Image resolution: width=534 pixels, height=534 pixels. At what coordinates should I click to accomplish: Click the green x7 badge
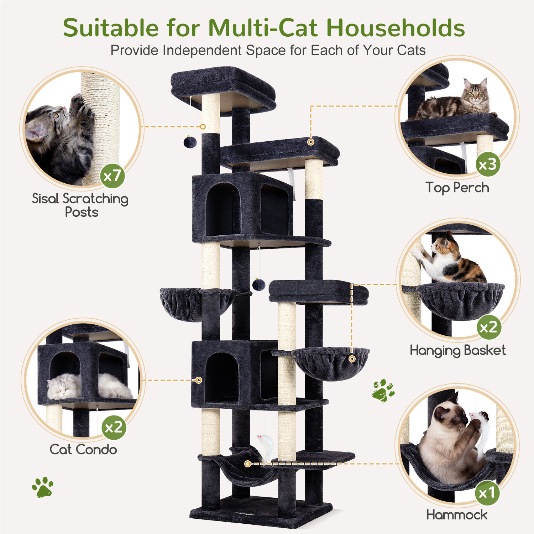point(112,176)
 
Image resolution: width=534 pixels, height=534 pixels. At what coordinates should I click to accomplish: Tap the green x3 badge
point(488,164)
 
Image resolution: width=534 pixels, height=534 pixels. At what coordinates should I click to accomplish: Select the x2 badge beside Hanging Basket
point(489,327)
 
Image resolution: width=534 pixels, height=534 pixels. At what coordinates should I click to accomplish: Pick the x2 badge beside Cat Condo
point(114,427)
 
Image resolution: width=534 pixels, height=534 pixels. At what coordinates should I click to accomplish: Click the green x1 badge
point(487,493)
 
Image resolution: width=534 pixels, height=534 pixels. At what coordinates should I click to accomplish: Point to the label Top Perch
point(457,188)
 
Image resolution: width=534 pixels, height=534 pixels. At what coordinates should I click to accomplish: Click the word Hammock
point(457,514)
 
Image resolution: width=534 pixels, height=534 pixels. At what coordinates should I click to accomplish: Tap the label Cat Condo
point(83,449)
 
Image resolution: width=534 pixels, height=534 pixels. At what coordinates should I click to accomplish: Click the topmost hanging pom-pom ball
point(190,142)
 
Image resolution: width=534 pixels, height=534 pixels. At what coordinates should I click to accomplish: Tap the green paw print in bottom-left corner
point(43,487)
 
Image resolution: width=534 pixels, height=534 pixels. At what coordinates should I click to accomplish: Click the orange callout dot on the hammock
point(248,464)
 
